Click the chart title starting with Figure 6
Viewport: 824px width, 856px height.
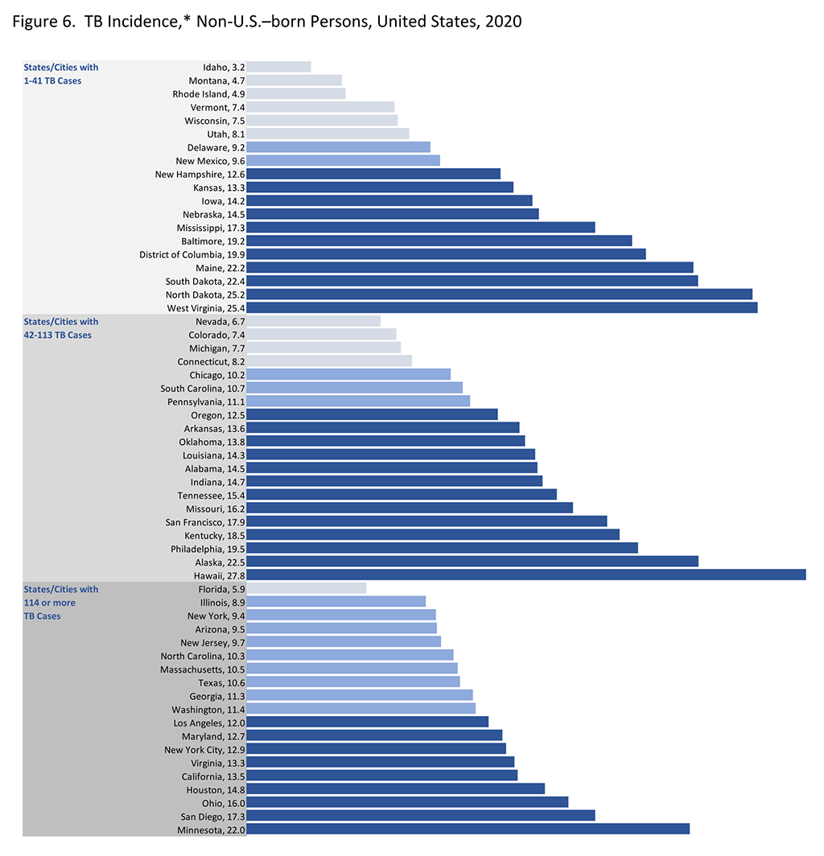pyautogui.click(x=267, y=22)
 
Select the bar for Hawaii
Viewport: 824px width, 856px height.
pyautogui.click(x=525, y=574)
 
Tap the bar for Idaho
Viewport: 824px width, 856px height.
pyautogui.click(x=278, y=67)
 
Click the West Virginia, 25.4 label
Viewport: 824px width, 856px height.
pyautogui.click(x=206, y=307)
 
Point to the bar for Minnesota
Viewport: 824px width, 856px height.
pyautogui.click(x=468, y=829)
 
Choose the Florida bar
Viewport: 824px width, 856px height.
pyautogui.click(x=306, y=588)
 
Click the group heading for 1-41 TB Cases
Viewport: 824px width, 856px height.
pyautogui.click(x=61, y=74)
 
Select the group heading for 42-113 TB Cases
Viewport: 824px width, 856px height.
pyautogui.click(x=61, y=328)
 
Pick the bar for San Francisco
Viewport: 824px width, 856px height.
pyautogui.click(x=426, y=521)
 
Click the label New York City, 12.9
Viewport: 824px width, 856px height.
pyautogui.click(x=204, y=750)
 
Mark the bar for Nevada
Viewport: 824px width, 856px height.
pyautogui.click(x=313, y=321)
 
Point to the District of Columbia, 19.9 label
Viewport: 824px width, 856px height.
pyautogui.click(x=192, y=254)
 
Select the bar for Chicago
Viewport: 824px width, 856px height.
pyautogui.click(x=348, y=374)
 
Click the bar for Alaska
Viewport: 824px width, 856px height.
pyautogui.click(x=472, y=562)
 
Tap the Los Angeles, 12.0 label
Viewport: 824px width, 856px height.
pyautogui.click(x=208, y=722)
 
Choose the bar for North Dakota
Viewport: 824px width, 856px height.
pyautogui.click(x=499, y=294)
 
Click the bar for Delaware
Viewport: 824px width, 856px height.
pyautogui.click(x=338, y=147)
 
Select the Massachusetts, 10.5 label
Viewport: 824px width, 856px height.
pyautogui.click(x=202, y=669)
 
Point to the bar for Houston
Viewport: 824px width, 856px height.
pyautogui.click(x=395, y=789)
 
